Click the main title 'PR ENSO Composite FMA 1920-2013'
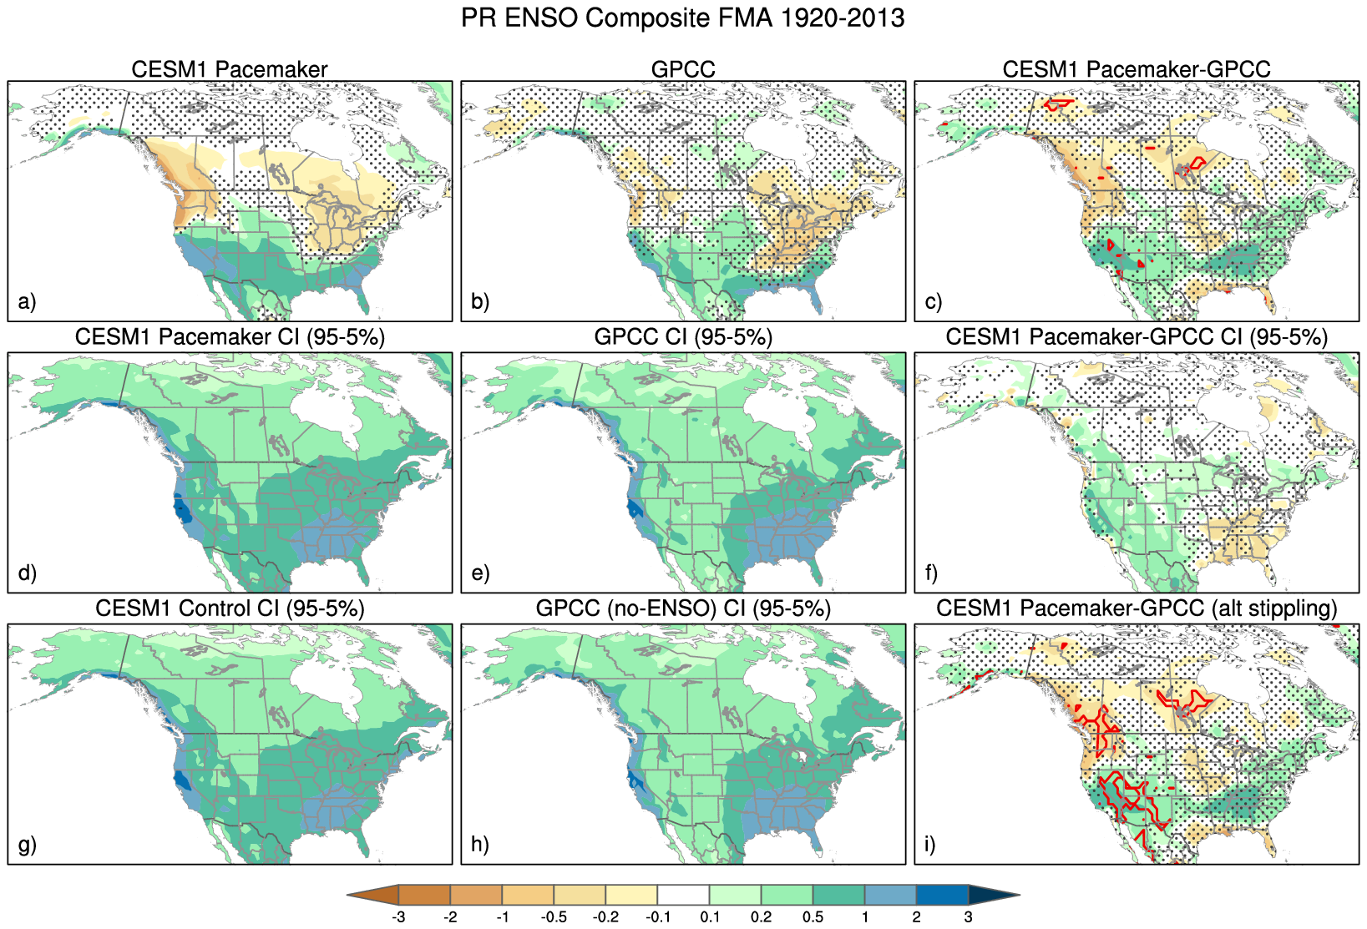pos(682,18)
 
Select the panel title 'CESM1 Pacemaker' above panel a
pos(230,69)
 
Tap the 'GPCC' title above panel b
pos(683,69)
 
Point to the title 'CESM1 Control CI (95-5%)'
pos(230,608)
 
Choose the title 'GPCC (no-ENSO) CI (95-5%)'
pos(683,608)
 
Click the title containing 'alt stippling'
pos(1137,608)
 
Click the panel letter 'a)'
pos(27,301)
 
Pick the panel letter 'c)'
pos(933,301)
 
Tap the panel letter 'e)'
pos(480,573)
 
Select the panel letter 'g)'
pos(27,845)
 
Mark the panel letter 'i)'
pos(931,845)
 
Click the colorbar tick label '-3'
pos(398,917)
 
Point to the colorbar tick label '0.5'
pos(813,917)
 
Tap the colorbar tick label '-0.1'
pos(657,917)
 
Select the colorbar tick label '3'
pos(969,917)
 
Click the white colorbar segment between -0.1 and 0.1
pos(683,895)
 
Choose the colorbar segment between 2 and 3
pos(942,895)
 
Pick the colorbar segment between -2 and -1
pos(476,895)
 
